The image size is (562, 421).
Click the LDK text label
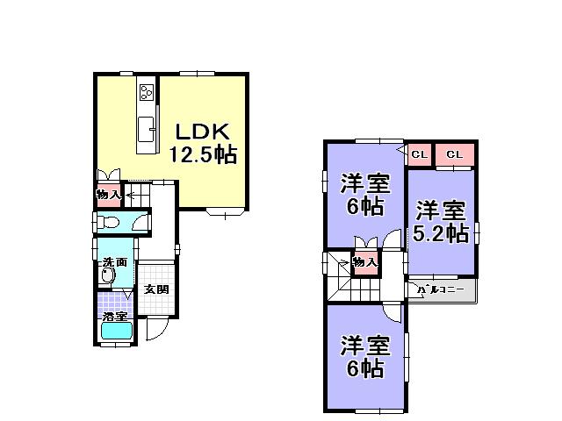tap(203, 132)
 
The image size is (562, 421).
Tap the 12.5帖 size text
tap(203, 154)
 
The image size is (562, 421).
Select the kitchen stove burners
tap(146, 91)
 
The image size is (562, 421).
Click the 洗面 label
tap(114, 262)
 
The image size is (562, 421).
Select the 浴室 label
tap(114, 316)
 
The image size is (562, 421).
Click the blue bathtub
tap(116, 332)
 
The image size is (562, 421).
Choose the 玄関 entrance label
tap(156, 289)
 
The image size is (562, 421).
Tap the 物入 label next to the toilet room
tap(108, 194)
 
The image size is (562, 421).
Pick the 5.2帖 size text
tap(441, 232)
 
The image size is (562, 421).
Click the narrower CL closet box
tap(418, 155)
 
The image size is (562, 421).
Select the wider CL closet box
tap(454, 155)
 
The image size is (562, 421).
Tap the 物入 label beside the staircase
tap(365, 262)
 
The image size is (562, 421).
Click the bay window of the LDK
tap(227, 211)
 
